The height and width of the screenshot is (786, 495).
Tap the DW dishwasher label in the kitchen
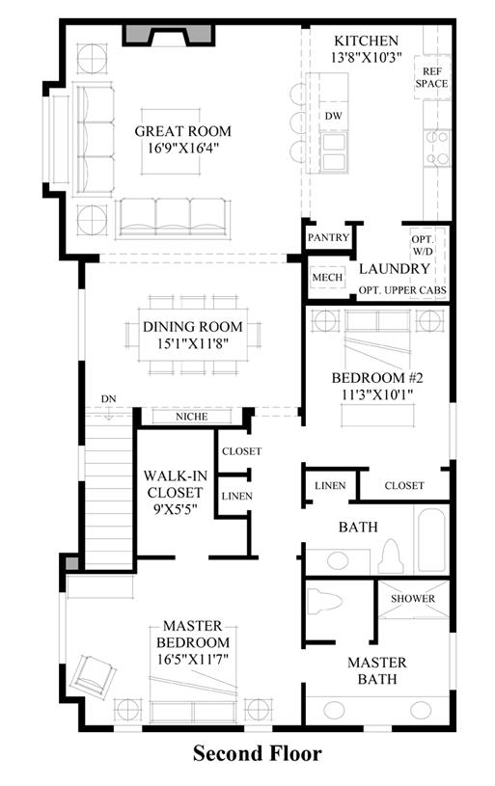(x=334, y=116)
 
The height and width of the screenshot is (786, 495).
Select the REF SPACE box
(x=432, y=78)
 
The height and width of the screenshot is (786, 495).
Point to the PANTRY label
(x=328, y=237)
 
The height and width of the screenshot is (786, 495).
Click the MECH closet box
(x=327, y=277)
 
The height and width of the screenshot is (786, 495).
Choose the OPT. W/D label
(x=423, y=246)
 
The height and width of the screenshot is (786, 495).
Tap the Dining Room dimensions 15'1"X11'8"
(x=193, y=343)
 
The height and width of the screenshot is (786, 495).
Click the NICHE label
(x=192, y=417)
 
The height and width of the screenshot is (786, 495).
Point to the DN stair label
(x=108, y=399)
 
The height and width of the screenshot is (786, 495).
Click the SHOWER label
(x=413, y=599)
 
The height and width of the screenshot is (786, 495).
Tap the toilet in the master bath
(x=324, y=601)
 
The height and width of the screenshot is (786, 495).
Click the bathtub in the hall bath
(x=431, y=540)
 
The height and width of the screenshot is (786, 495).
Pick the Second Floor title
(x=258, y=753)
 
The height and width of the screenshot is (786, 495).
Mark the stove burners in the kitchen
(x=437, y=148)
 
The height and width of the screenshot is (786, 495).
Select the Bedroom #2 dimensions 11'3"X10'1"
(x=377, y=394)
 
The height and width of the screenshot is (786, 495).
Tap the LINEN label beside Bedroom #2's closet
(x=330, y=486)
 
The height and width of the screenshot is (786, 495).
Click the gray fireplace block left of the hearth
(x=138, y=35)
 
